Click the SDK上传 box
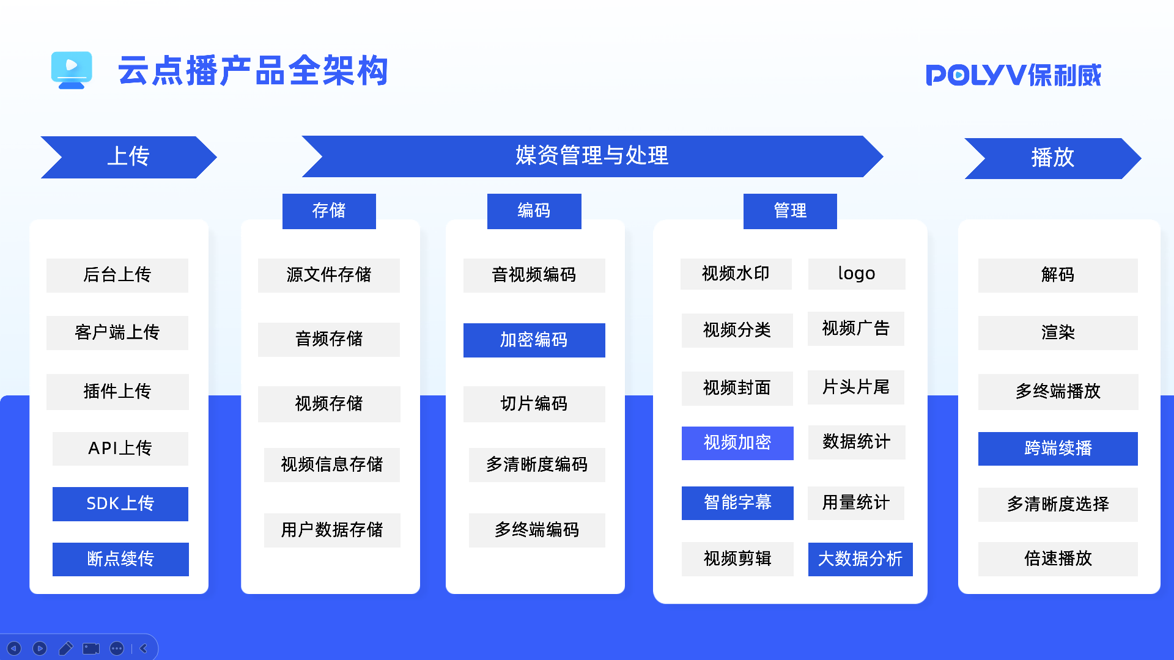coord(120,504)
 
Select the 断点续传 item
coord(120,559)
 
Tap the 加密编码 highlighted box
coord(534,340)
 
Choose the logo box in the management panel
coord(856,274)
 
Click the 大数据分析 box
coord(860,559)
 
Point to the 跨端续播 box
coord(1058,449)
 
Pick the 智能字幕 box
coord(737,503)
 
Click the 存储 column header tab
coord(329,211)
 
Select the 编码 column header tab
coord(534,211)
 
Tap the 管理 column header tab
coord(790,211)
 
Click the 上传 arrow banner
coord(128,157)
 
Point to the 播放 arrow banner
coord(1052,158)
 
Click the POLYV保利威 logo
coord(1013,75)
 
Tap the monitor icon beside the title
coord(72,70)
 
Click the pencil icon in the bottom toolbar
coord(65,648)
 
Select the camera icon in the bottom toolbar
coord(91,648)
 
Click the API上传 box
coord(120,449)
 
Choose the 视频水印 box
coord(736,274)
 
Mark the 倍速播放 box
coord(1058,559)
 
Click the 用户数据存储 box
coord(332,530)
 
